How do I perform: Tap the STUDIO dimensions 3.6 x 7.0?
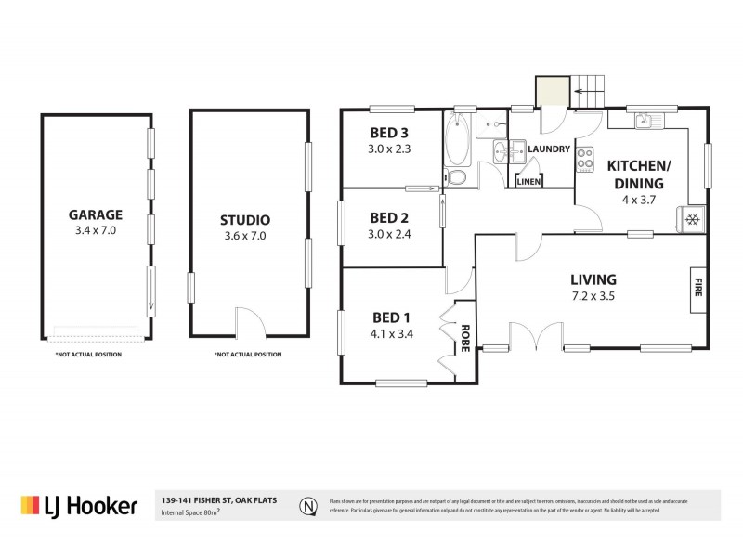click(245, 236)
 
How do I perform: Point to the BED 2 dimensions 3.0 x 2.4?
click(390, 234)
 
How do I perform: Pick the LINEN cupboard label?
click(528, 182)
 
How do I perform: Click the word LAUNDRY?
click(549, 149)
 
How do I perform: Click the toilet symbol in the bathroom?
click(456, 177)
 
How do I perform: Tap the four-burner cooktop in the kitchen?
click(586, 162)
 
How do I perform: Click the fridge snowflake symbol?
click(692, 219)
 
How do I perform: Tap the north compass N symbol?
click(307, 506)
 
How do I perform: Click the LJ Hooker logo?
click(79, 505)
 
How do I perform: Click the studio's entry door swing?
click(247, 323)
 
